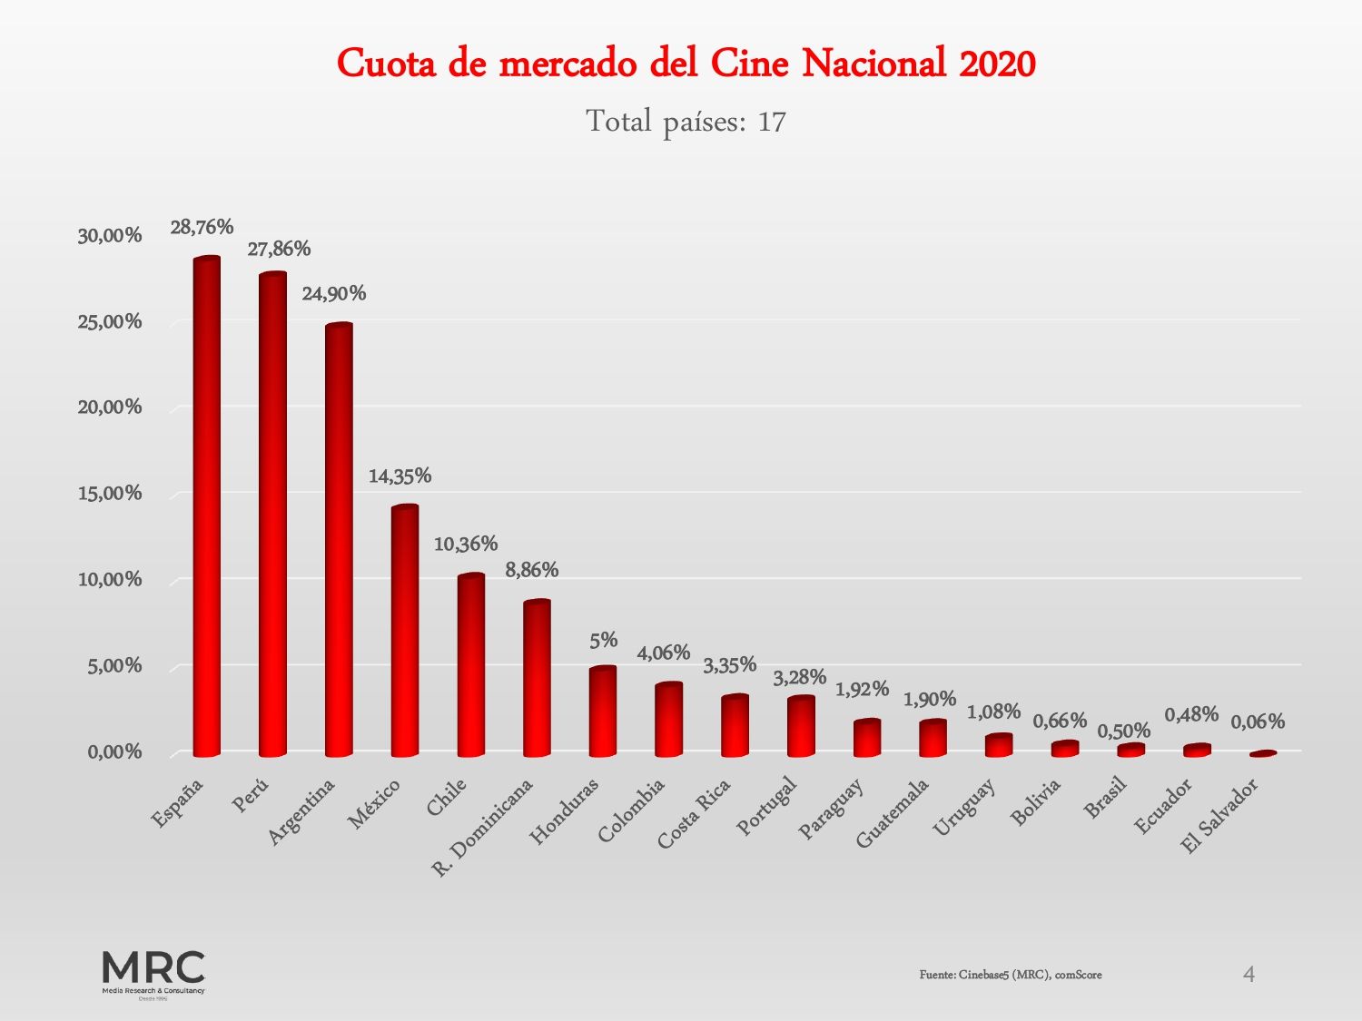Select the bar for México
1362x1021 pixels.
[405, 631]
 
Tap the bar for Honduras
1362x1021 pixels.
[603, 712]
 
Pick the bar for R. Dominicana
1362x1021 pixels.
[537, 678]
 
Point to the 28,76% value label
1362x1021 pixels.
[202, 227]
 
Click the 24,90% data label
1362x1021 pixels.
[334, 293]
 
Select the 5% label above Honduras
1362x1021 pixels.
[603, 640]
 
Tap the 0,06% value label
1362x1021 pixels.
[1258, 722]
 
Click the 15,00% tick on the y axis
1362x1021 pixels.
[110, 494]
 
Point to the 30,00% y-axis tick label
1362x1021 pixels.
[110, 236]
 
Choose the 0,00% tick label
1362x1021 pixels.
[114, 752]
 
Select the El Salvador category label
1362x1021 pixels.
[1219, 817]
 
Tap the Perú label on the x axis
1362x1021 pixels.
[251, 796]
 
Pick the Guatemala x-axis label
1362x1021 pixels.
[893, 813]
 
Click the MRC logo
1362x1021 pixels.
[153, 973]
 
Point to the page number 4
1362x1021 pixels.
[1248, 974]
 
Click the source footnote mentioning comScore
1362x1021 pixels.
[1011, 975]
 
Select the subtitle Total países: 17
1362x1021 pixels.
[686, 121]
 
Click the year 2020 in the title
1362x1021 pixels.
[997, 64]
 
